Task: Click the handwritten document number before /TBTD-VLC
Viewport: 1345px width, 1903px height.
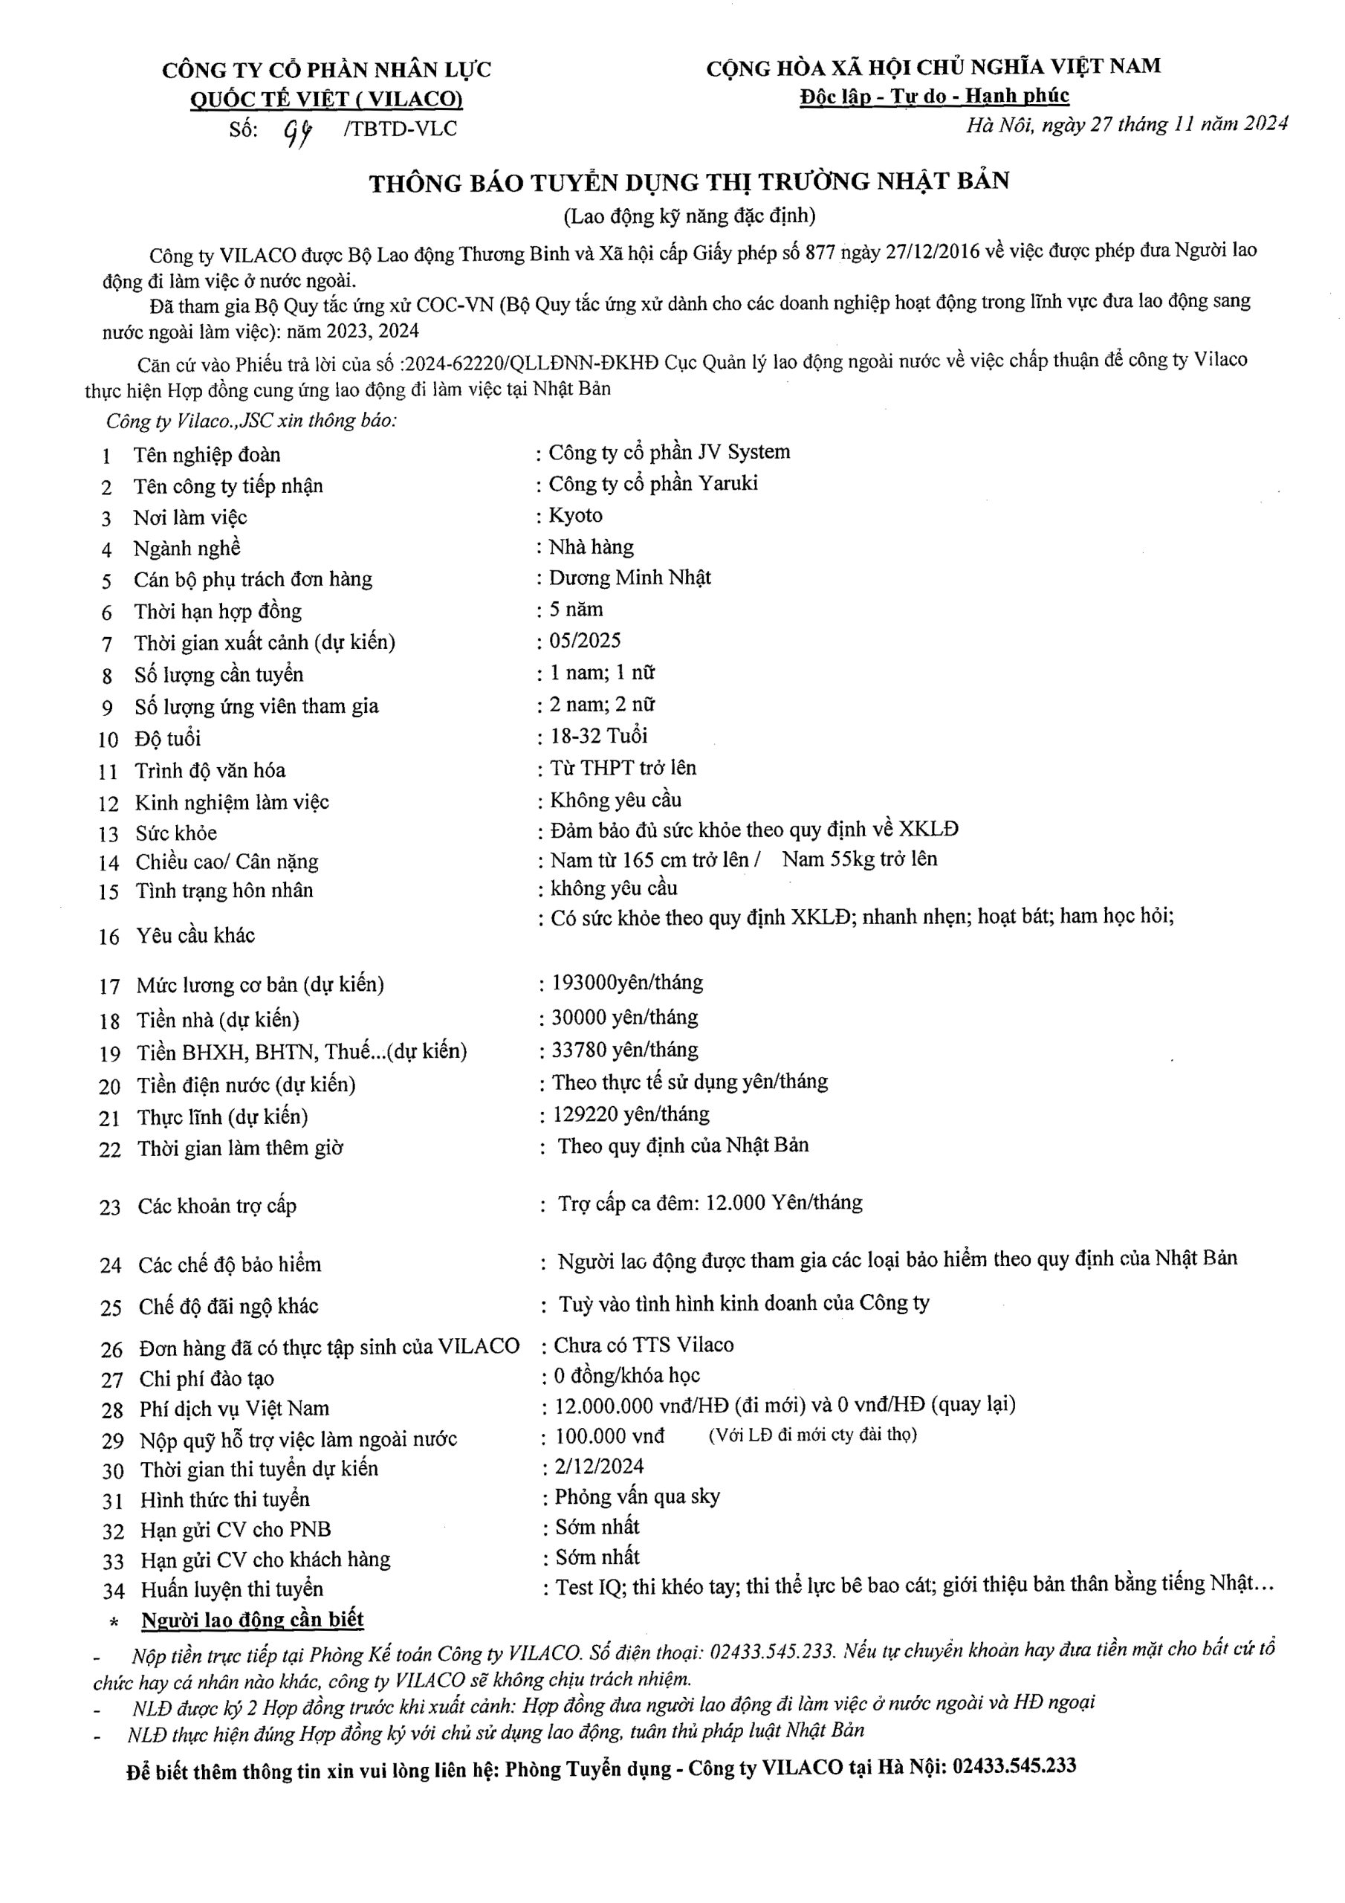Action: tap(298, 131)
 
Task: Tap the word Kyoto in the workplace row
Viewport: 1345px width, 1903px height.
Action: tap(576, 516)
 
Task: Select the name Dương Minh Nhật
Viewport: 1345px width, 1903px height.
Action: tap(630, 578)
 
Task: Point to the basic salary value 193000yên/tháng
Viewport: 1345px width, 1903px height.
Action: tap(627, 983)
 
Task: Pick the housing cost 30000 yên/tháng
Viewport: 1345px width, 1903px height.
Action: tap(625, 1017)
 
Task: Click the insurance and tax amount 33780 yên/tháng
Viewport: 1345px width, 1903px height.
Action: tap(625, 1050)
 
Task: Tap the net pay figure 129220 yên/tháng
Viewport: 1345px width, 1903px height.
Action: tap(631, 1114)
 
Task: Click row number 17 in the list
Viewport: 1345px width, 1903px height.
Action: tap(109, 987)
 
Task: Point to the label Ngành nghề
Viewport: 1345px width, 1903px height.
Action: tap(187, 549)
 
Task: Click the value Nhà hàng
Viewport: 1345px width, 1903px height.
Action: tap(592, 547)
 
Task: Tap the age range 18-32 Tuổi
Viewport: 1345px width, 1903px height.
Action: tap(599, 736)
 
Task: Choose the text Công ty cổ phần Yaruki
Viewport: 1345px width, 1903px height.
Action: tap(653, 484)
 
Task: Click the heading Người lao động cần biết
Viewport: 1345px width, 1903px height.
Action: tap(253, 1620)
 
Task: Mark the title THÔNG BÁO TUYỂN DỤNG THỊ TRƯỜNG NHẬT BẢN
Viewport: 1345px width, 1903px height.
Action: tap(690, 182)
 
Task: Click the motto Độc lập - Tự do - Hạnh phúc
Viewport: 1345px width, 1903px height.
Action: tap(934, 96)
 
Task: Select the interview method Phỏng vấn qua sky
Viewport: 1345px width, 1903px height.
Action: tap(638, 1497)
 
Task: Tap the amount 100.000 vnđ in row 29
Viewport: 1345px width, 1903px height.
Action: tap(610, 1435)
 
